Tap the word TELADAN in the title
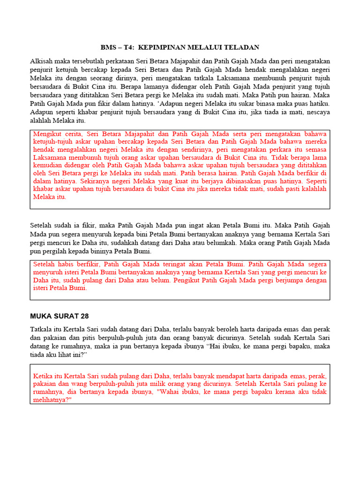pyautogui.click(x=242, y=48)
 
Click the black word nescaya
pyautogui.click(x=317, y=112)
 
